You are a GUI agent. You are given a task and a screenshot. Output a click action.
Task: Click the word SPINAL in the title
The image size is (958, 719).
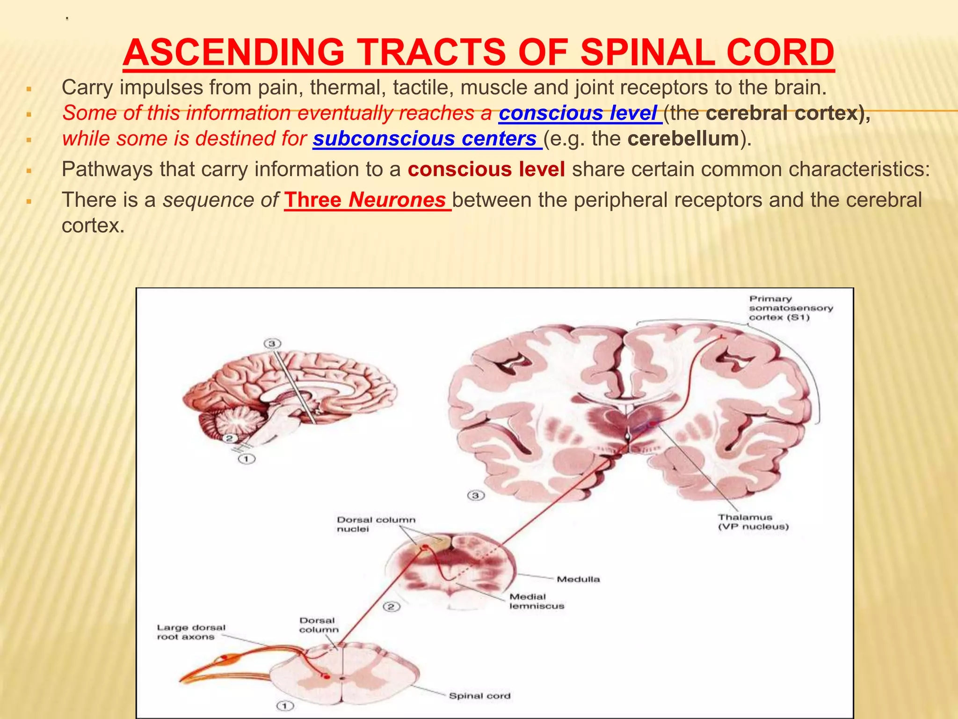tap(647, 52)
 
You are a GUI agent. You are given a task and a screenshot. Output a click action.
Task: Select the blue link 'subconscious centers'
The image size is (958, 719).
tap(427, 139)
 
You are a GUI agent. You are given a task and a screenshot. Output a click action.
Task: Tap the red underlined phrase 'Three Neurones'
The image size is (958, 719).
tap(367, 200)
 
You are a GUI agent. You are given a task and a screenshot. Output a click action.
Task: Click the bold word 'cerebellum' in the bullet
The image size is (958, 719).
tap(683, 139)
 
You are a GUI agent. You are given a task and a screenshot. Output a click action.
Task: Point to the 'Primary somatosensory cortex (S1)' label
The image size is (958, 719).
tap(791, 308)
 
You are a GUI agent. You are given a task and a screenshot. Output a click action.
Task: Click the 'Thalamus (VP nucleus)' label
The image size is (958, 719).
tap(753, 522)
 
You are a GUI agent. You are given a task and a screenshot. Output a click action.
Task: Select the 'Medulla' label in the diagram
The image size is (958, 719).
tap(578, 579)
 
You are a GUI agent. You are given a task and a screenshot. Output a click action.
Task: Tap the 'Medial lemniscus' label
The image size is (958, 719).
tap(537, 601)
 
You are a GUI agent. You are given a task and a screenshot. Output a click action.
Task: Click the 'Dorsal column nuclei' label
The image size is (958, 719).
tap(376, 524)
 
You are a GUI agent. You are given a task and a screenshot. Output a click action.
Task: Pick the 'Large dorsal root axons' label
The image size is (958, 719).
tap(191, 632)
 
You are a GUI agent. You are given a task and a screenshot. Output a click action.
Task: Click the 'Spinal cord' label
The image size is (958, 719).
tap(479, 696)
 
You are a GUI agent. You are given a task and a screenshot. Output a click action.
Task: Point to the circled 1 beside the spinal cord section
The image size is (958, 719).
tap(285, 705)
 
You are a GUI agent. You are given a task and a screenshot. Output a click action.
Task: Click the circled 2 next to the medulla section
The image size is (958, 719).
tap(392, 607)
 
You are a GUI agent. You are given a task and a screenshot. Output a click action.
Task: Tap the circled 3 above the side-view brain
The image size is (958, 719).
tap(272, 344)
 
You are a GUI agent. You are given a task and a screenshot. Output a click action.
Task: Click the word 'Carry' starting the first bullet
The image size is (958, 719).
tap(87, 88)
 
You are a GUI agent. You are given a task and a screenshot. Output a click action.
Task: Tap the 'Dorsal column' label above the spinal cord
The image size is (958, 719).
tap(318, 625)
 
